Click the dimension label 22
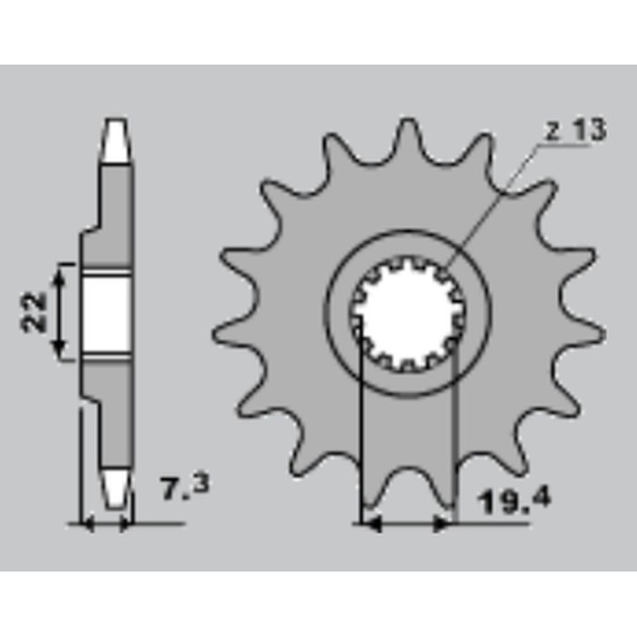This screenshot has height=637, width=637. coord(34,312)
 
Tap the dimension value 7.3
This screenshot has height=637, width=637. coord(186,487)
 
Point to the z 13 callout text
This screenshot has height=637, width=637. coord(574,130)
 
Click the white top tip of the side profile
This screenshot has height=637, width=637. coord(116,140)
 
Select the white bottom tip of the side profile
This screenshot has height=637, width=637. coord(116,489)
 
